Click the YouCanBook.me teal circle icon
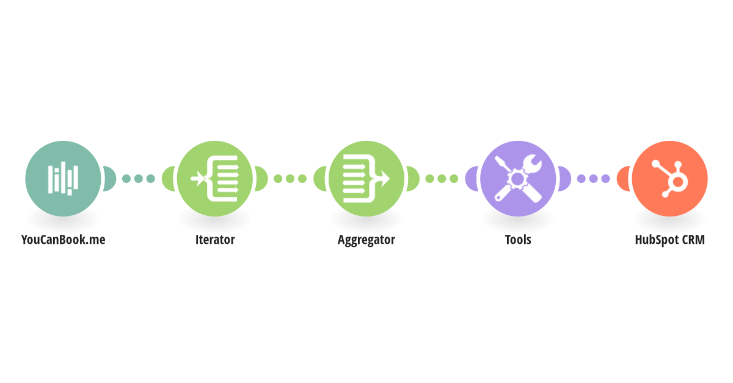tap(63, 179)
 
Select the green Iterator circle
tap(214, 179)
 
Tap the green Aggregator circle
tap(366, 179)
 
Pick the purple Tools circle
tap(518, 179)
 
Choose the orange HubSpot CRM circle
tap(669, 179)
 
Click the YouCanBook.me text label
tap(63, 240)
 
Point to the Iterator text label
tap(215, 240)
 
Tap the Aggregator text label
tap(366, 240)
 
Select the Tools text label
tap(518, 240)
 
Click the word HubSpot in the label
tap(656, 240)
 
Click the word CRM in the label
tap(693, 240)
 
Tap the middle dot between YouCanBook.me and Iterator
tap(139, 179)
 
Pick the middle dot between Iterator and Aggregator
tap(290, 179)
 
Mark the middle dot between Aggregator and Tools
tap(442, 179)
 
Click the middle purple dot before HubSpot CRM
tap(593, 179)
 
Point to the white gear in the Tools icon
tap(517, 179)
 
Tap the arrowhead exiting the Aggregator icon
tap(385, 179)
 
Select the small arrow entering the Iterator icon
tap(197, 179)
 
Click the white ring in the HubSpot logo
tap(677, 182)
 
